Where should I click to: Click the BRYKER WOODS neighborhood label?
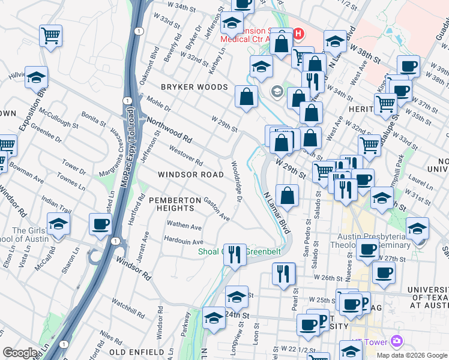(x=194, y=87)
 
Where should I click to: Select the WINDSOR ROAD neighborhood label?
(x=190, y=175)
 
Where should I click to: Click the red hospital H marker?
(x=298, y=35)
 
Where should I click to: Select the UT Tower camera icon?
(x=396, y=342)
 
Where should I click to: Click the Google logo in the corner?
(x=20, y=353)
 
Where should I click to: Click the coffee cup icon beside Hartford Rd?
(x=100, y=224)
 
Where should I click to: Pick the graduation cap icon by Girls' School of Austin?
(x=58, y=224)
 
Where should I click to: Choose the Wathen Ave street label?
(x=184, y=227)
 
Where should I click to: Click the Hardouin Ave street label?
(x=184, y=241)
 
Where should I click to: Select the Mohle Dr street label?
(x=158, y=104)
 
